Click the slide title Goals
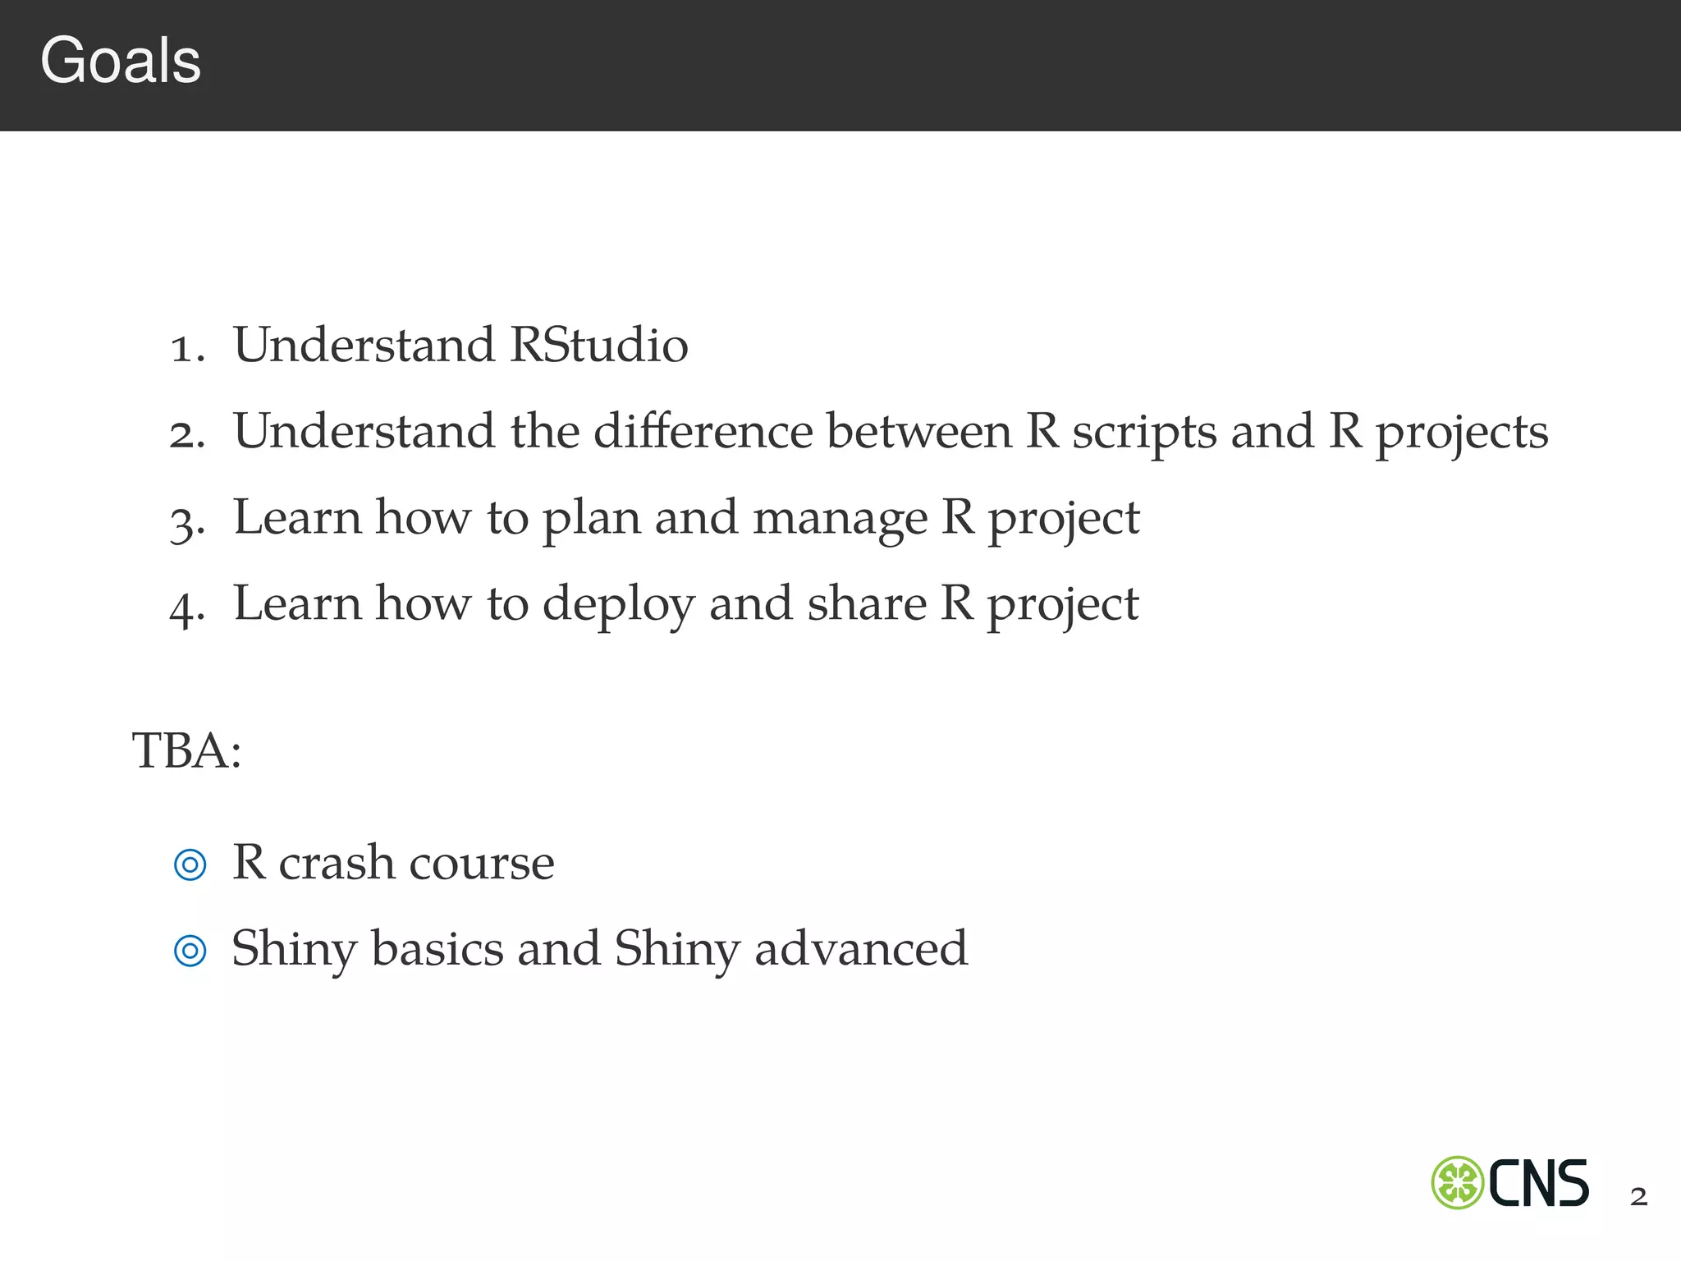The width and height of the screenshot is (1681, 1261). pos(121,62)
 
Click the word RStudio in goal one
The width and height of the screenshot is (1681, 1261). pos(598,345)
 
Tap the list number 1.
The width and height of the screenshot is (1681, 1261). pos(186,348)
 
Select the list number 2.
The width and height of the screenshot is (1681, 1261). pos(186,434)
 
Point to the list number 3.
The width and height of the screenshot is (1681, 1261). pos(186,522)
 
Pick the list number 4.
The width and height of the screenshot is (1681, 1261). pos(186,608)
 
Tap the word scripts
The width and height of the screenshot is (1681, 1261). pos(1144,432)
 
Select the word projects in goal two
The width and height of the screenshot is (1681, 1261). pos(1462,433)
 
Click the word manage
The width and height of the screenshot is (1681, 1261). pos(840,520)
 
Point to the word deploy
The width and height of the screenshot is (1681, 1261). pos(618,606)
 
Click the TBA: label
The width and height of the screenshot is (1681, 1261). pos(186,750)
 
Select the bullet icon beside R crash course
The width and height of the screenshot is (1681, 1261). pos(190,864)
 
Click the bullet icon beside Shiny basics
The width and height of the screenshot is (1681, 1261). pos(190,951)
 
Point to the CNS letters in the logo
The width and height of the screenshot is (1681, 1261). pos(1538,1183)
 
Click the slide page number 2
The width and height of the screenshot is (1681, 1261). pos(1638,1197)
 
